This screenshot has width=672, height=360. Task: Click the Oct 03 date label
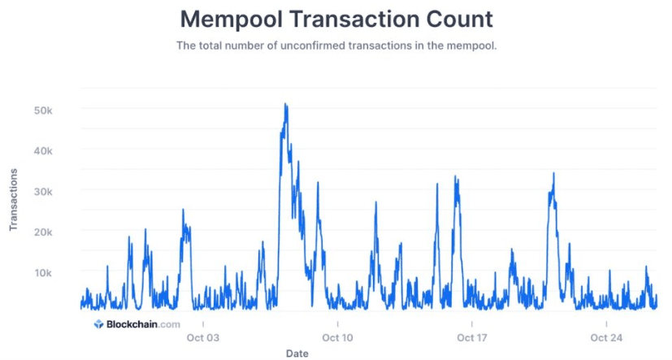tap(203, 336)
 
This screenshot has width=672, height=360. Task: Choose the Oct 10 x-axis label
tap(337, 336)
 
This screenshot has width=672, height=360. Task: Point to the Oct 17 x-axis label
tap(471, 336)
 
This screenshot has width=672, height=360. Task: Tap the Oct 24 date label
tap(605, 336)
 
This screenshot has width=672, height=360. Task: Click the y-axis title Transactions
tap(14, 200)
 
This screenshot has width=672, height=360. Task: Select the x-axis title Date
tap(297, 353)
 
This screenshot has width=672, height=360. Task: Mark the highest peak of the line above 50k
tap(285, 104)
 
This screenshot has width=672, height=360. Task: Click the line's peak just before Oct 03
tap(183, 210)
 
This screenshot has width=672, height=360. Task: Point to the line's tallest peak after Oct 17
tap(553, 173)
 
